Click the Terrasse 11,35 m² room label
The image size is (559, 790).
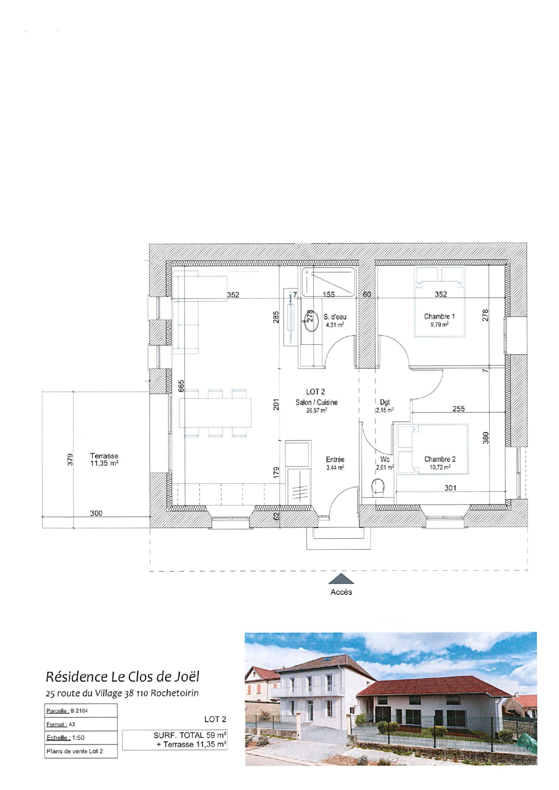pyautogui.click(x=104, y=460)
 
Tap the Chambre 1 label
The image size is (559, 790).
pyautogui.click(x=439, y=316)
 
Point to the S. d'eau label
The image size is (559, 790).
pyautogui.click(x=335, y=317)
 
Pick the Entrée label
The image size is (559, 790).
pyautogui.click(x=335, y=460)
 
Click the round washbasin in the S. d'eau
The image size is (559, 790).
pyautogui.click(x=311, y=321)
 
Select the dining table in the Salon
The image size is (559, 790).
pyautogui.click(x=215, y=413)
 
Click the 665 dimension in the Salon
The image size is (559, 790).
pyautogui.click(x=181, y=386)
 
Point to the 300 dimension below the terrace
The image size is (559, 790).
pyautogui.click(x=96, y=513)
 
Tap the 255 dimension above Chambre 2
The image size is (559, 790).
pyautogui.click(x=458, y=408)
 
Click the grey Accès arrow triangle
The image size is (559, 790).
pyautogui.click(x=341, y=578)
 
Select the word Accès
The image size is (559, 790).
pyautogui.click(x=341, y=592)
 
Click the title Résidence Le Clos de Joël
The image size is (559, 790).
pyautogui.click(x=122, y=677)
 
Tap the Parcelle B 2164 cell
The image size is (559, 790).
pyautogui.click(x=81, y=710)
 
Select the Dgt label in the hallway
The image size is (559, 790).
pyautogui.click(x=384, y=402)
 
